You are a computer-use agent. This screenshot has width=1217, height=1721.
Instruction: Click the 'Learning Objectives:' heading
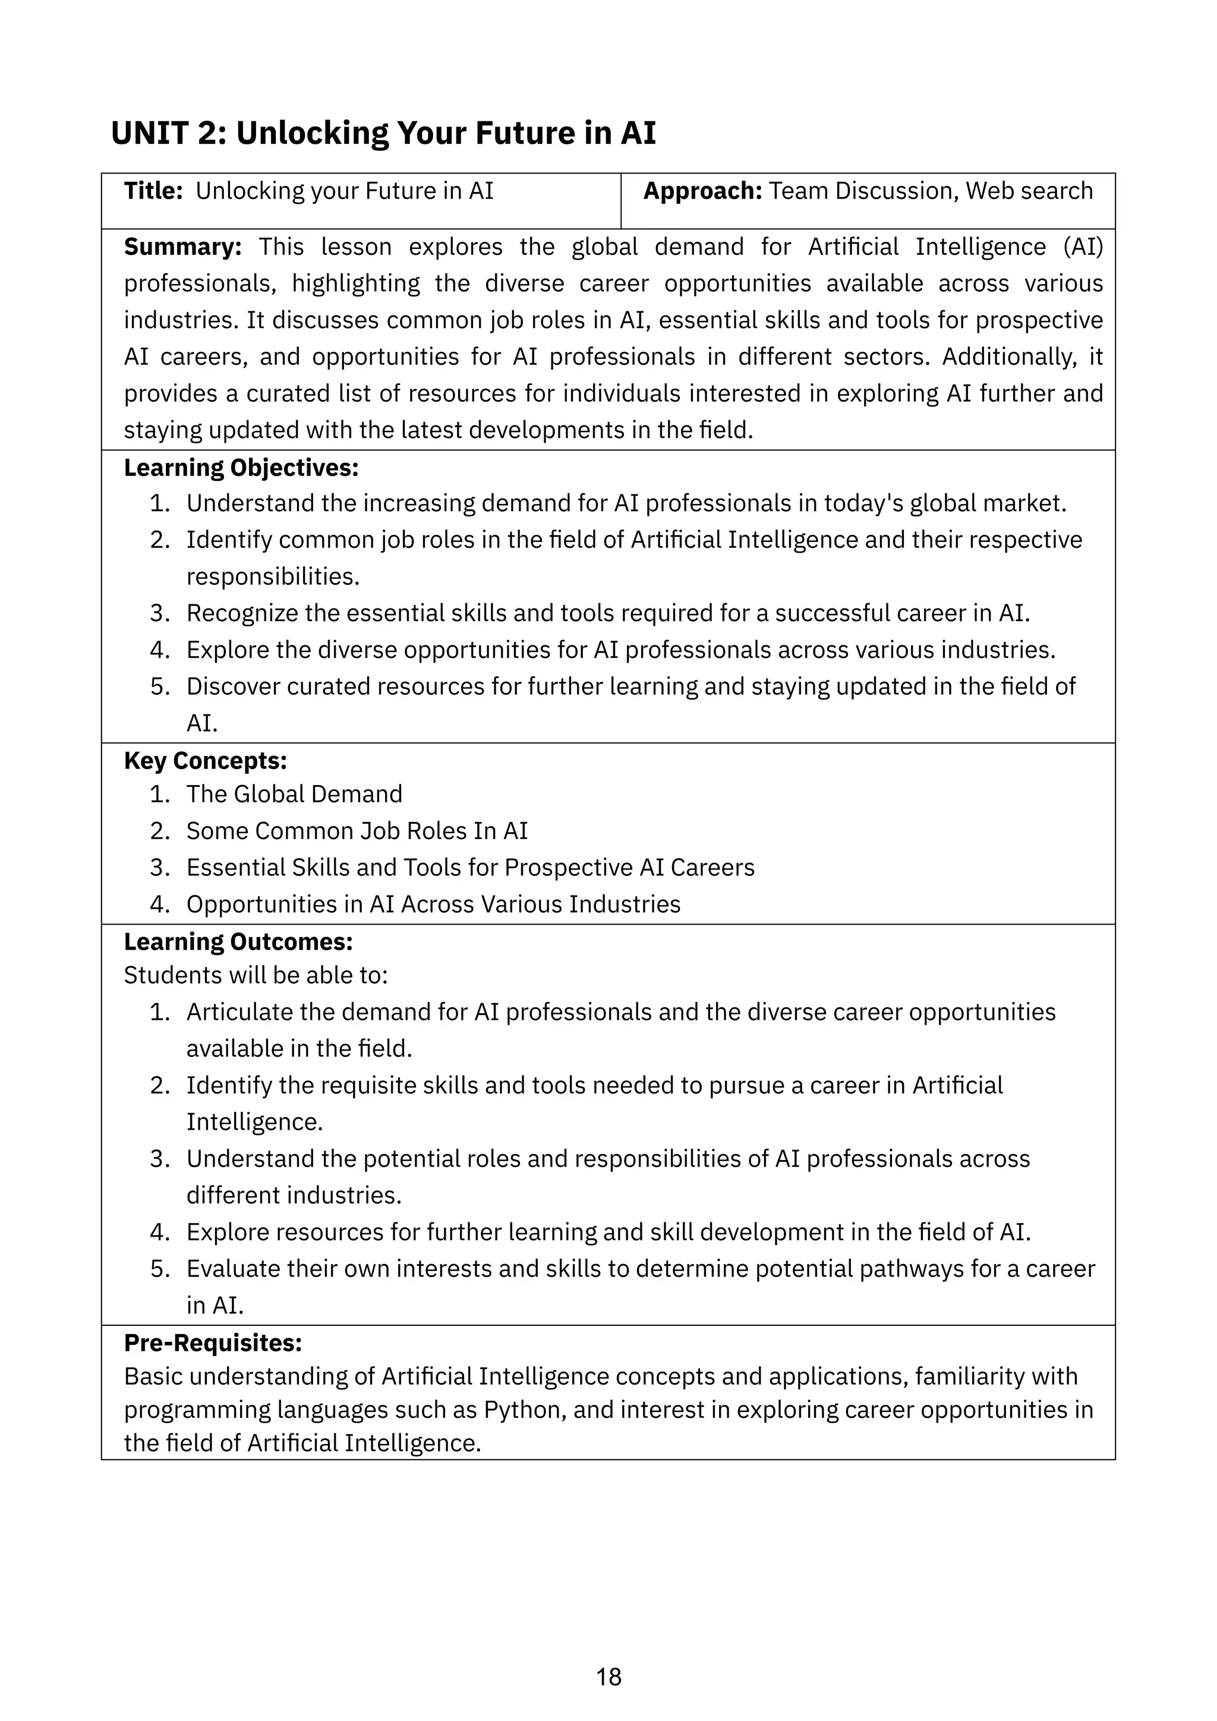[x=241, y=468]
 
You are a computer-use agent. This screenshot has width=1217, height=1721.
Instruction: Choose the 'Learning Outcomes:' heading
[x=238, y=941]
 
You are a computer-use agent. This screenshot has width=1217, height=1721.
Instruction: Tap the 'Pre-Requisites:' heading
[x=213, y=1342]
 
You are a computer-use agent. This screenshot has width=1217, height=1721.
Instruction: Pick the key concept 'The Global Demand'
[x=294, y=794]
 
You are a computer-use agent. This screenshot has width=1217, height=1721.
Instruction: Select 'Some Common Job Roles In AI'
[x=357, y=831]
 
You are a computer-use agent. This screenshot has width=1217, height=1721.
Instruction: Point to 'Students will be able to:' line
[x=256, y=975]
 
